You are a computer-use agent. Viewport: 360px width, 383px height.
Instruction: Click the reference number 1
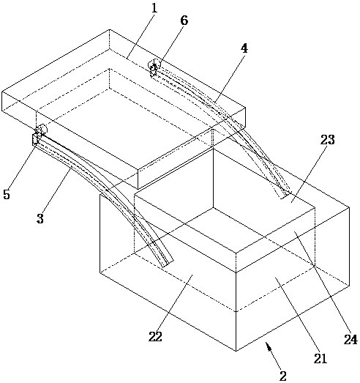tap(154, 8)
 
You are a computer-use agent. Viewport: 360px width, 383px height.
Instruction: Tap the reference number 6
tap(184, 21)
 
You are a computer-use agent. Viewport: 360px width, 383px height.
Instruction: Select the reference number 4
tap(244, 48)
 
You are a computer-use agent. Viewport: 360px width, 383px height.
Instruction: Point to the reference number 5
tap(7, 194)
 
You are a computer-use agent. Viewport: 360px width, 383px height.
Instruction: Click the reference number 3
tap(40, 218)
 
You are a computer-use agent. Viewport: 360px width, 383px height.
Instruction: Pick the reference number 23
tap(328, 139)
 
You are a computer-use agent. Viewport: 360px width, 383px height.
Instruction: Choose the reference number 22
tap(155, 337)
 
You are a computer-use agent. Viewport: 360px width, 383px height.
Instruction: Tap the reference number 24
tap(350, 340)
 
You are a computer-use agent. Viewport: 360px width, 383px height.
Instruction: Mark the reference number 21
tap(320, 359)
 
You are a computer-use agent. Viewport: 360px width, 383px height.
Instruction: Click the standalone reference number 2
tap(283, 376)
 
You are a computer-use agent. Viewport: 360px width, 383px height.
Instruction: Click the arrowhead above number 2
tap(269, 346)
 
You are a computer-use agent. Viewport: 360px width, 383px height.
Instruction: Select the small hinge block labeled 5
tap(36, 139)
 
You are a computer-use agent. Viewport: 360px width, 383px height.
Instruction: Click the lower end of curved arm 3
tap(168, 264)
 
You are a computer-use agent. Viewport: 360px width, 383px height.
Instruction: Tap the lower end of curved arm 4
tap(285, 195)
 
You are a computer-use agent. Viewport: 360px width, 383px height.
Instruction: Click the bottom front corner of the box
tap(236, 351)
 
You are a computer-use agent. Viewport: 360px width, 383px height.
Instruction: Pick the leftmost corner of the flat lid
tap(2, 92)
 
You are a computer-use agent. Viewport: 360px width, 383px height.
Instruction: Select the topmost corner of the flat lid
tap(109, 30)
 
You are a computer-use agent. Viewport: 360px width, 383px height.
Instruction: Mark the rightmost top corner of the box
tap(349, 207)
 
